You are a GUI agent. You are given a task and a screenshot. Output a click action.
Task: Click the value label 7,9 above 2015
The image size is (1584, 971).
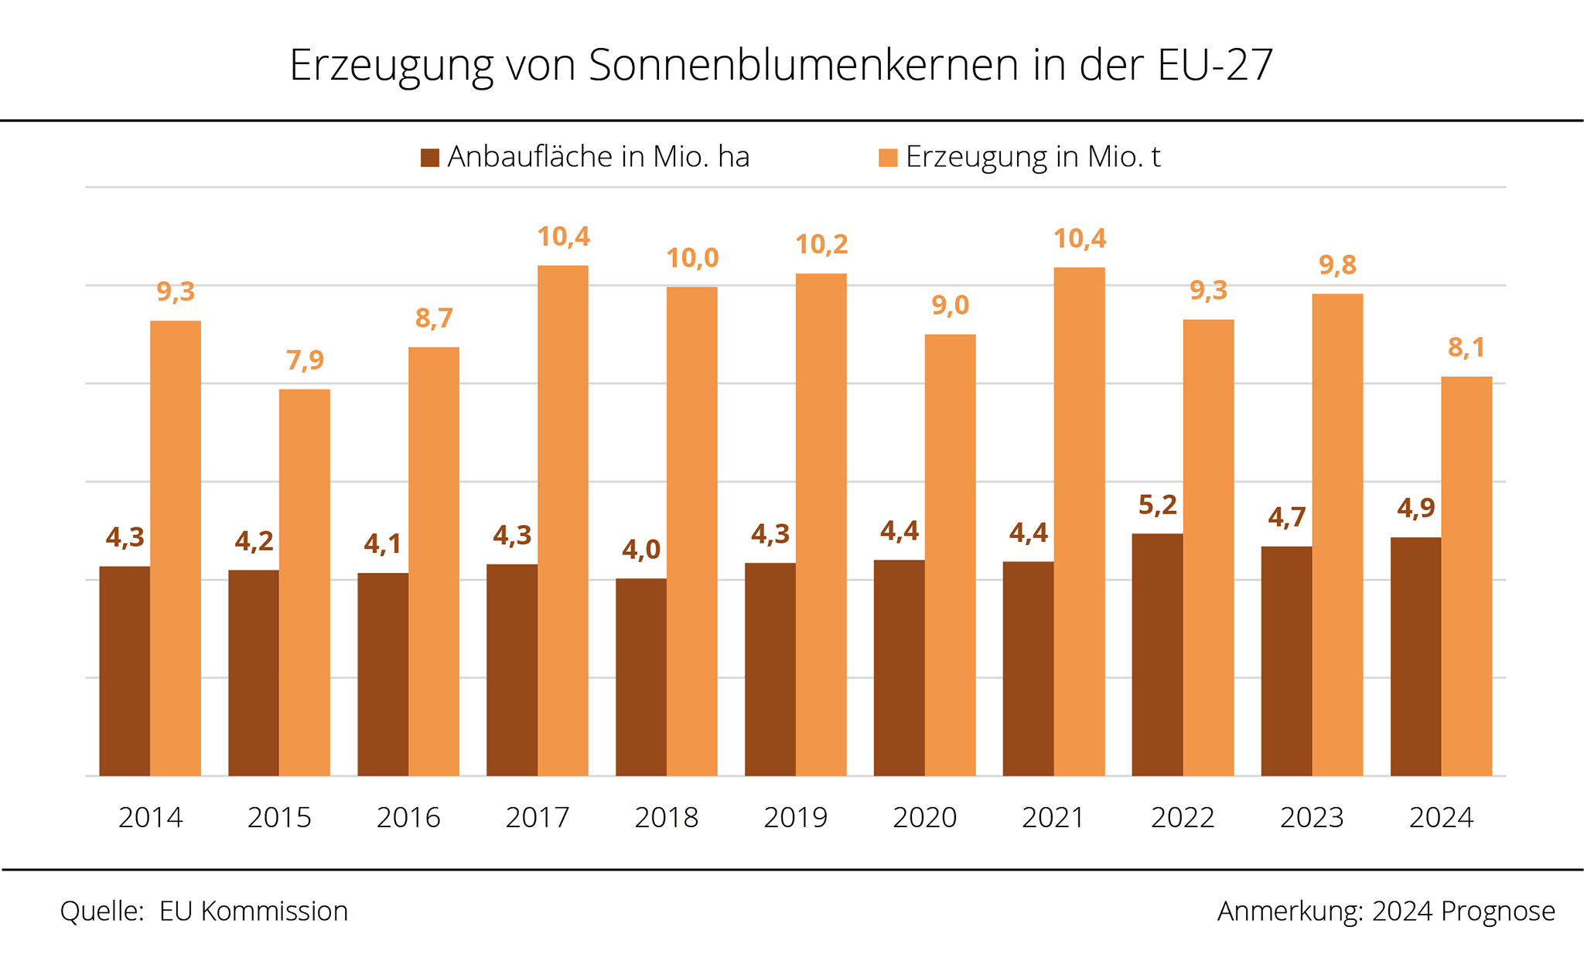(x=305, y=360)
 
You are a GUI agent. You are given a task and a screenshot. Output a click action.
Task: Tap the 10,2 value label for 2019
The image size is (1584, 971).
(x=821, y=245)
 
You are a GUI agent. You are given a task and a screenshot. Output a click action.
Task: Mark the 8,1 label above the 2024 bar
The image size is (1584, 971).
(x=1466, y=348)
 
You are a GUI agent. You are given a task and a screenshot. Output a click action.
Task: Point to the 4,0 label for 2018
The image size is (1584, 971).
(x=640, y=550)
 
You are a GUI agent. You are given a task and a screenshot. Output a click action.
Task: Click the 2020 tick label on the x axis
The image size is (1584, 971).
(x=924, y=817)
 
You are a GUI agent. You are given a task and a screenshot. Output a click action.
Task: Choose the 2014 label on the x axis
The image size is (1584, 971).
(x=150, y=817)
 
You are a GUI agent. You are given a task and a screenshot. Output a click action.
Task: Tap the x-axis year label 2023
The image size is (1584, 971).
(x=1312, y=817)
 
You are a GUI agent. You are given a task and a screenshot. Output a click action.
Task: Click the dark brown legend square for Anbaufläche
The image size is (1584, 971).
(x=430, y=158)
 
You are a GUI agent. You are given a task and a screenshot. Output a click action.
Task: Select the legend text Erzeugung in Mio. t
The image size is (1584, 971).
(x=1033, y=157)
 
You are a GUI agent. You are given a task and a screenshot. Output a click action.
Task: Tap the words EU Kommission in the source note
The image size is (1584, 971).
(x=253, y=911)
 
